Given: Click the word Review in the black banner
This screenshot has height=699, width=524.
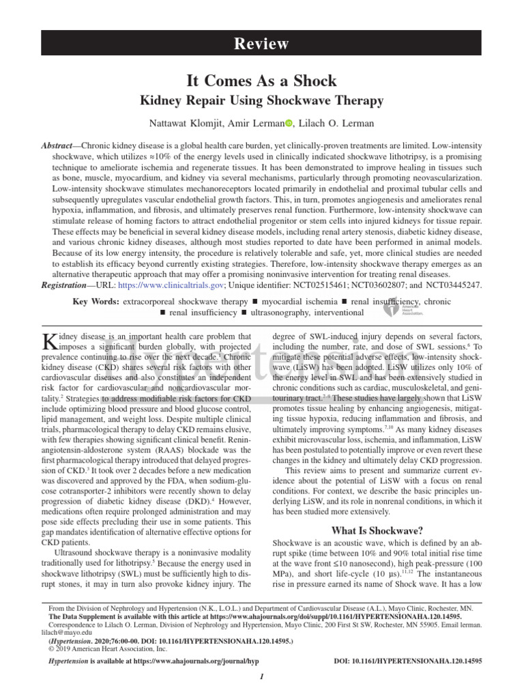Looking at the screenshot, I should click(x=261, y=44).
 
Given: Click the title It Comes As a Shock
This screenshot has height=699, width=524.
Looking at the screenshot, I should click(x=261, y=81).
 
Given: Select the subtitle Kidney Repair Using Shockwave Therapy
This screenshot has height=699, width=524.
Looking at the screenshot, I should click(x=261, y=101).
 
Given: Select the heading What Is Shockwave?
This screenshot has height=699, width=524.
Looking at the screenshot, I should click(x=377, y=530).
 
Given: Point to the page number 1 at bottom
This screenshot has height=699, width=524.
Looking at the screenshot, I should click(x=262, y=676).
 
